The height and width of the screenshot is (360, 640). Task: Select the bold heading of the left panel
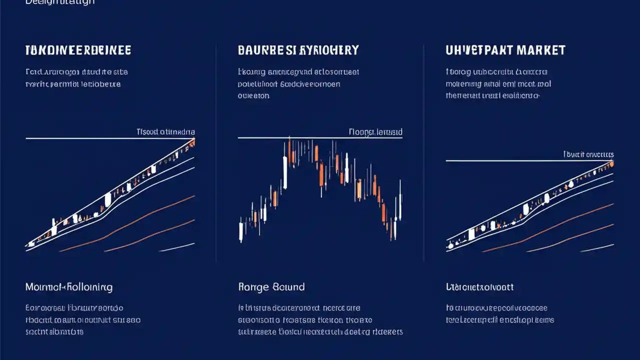[78, 50]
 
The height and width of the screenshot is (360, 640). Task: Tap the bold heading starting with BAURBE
[298, 50]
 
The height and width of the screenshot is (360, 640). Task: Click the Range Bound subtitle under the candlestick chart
[271, 287]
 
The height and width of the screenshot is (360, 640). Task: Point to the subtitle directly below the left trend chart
[68, 287]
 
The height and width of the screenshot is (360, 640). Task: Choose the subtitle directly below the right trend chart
[479, 287]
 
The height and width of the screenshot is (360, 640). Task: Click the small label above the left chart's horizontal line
[165, 132]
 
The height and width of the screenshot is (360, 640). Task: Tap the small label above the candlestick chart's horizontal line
[375, 132]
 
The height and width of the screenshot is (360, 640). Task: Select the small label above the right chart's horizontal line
[588, 154]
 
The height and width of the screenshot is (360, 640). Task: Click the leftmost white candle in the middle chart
[241, 231]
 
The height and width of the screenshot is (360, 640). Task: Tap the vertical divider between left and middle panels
[216, 150]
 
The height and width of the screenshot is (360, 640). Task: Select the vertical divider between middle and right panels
[424, 150]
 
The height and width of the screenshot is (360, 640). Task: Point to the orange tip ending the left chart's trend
[192, 143]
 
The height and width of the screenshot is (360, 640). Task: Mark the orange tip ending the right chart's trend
[611, 163]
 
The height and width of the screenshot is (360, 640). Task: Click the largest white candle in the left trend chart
[107, 200]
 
